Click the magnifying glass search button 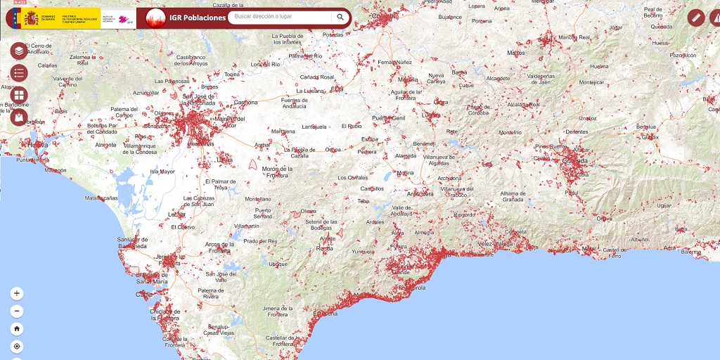[x=340, y=17]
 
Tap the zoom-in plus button [x=17, y=293]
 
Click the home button [x=17, y=328]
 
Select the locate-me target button [x=17, y=346]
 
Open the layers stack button [x=19, y=51]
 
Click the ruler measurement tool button [x=696, y=18]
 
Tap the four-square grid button [x=19, y=95]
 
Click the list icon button [x=19, y=72]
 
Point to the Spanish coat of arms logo [x=31, y=18]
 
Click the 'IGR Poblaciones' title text [x=198, y=18]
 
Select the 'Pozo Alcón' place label [x=682, y=55]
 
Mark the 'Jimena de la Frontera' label [x=268, y=311]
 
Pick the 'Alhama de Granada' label [x=499, y=196]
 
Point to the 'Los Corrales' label [x=352, y=177]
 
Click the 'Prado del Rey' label [x=260, y=241]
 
